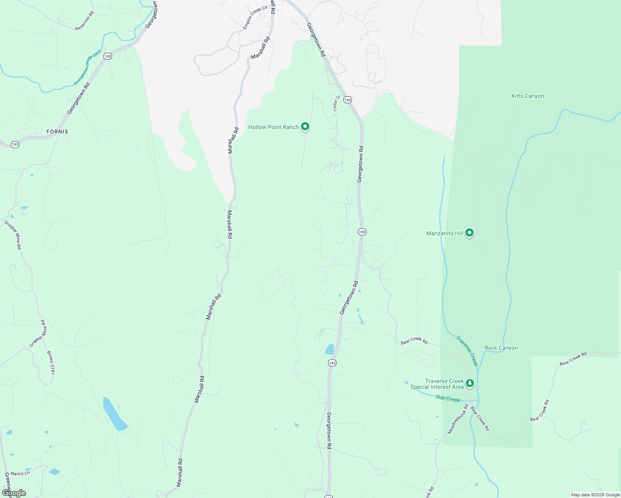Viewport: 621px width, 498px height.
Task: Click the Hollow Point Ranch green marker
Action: (305, 126)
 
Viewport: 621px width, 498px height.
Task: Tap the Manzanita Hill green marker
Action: (469, 232)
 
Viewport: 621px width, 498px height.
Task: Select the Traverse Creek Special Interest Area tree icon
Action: (470, 383)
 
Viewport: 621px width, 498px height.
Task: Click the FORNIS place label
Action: (57, 132)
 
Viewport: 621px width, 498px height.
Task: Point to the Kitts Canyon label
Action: (528, 96)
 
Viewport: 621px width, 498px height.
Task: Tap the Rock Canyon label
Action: (501, 348)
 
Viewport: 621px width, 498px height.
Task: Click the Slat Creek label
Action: (447, 399)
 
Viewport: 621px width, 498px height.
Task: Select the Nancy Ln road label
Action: (20, 473)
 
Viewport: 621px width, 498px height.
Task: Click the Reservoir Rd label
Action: (85, 21)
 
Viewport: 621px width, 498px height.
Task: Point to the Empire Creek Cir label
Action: (255, 17)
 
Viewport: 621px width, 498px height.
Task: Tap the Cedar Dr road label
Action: (336, 103)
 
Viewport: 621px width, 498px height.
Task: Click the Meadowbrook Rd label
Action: (457, 419)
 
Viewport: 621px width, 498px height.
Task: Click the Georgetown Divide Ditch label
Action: (88, 68)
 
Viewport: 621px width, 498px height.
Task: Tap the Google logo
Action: (14, 493)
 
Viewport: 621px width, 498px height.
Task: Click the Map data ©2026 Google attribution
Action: (595, 495)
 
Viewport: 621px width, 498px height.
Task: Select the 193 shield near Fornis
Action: (15, 144)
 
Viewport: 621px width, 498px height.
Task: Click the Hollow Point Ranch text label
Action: (273, 127)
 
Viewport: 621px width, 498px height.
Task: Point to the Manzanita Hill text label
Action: (445, 233)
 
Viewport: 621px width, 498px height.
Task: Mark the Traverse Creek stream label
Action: (467, 351)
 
